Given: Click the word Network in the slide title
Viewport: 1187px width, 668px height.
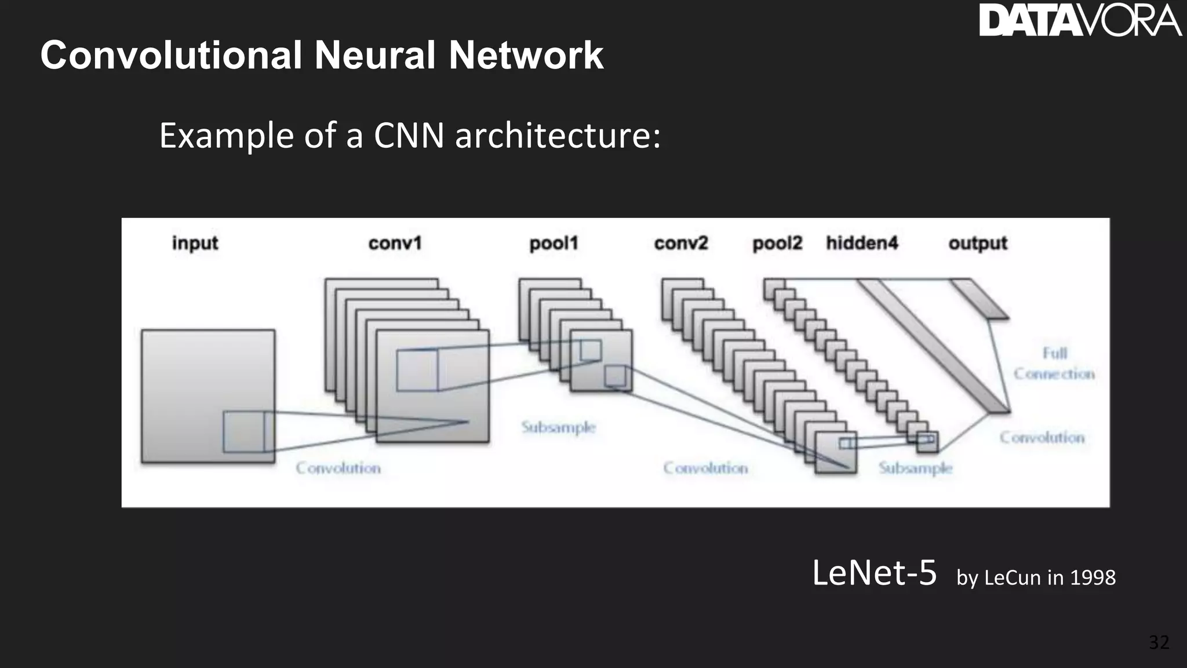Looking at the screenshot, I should (x=526, y=56).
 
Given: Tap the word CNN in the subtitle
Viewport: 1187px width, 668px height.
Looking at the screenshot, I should (x=409, y=136).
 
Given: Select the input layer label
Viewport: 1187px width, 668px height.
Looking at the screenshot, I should (x=195, y=243).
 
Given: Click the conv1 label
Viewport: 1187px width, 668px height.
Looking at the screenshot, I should (x=395, y=243).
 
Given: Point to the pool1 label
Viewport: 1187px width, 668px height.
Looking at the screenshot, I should (x=554, y=243).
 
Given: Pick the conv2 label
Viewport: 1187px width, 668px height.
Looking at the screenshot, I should (x=681, y=243).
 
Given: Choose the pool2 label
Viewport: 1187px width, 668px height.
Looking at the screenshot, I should (x=777, y=243).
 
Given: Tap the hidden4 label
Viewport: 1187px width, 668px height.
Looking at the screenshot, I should (x=862, y=243).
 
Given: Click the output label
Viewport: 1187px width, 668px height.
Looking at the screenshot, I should (x=978, y=243).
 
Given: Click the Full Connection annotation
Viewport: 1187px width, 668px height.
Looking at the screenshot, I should (x=1054, y=364).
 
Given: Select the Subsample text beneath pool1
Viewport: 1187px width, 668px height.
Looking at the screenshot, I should (x=558, y=427).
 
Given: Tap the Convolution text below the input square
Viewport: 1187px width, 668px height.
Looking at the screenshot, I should (x=338, y=468).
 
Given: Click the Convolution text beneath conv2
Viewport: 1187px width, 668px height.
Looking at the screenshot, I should (x=705, y=468).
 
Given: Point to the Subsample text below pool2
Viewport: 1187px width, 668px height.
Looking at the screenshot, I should (x=915, y=468).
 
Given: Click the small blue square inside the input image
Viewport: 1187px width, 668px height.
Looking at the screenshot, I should (x=244, y=432).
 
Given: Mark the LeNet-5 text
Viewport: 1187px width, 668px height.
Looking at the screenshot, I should (x=874, y=573).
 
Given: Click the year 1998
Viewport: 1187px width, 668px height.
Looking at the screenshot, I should (x=1093, y=578).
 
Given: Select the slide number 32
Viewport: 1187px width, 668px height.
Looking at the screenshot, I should (x=1159, y=642).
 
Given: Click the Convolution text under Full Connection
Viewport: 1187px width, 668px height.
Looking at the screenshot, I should (x=1042, y=438).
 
